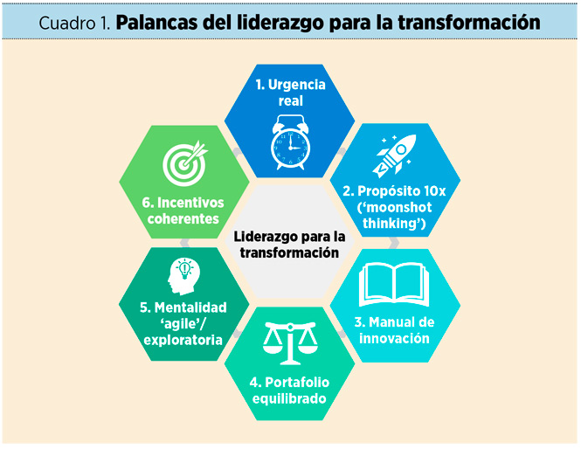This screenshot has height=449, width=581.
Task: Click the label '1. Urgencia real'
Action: point(290,93)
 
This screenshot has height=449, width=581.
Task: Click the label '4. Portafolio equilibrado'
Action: point(289,390)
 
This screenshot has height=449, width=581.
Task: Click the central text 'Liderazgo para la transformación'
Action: point(289,245)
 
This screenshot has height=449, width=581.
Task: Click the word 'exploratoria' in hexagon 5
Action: point(183,339)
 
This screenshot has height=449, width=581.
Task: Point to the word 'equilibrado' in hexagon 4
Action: point(289,399)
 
